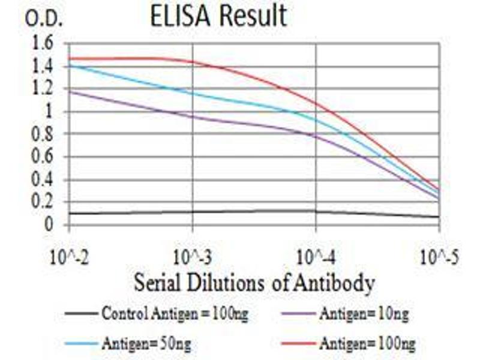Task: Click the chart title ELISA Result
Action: click(x=218, y=16)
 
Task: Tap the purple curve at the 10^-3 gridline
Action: click(x=193, y=116)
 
